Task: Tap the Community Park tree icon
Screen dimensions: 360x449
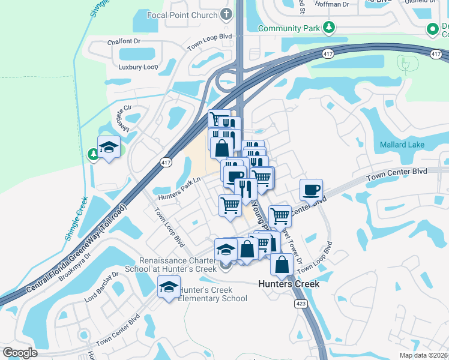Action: coord(328,27)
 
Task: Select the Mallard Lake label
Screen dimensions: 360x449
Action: coord(402,145)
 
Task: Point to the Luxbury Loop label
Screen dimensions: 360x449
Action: coord(137,67)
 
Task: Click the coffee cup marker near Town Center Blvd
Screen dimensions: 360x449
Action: coord(311,190)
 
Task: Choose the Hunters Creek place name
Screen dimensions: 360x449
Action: coord(289,284)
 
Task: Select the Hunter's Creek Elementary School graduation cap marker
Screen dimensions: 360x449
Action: coord(169,287)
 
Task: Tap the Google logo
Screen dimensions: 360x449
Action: coord(20,352)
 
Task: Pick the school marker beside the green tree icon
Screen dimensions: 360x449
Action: coord(109,147)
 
